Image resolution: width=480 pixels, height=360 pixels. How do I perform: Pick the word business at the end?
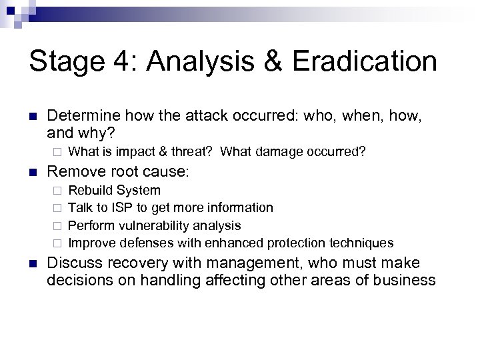point(406,279)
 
